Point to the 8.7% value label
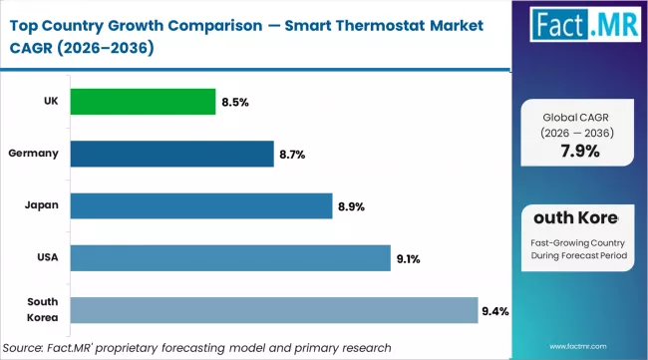click(x=291, y=155)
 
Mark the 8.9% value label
click(x=350, y=206)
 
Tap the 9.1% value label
click(x=408, y=258)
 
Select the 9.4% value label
click(x=495, y=311)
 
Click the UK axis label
click(x=47, y=102)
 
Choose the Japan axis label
click(x=42, y=205)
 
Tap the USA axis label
click(x=46, y=257)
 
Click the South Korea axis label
click(x=42, y=310)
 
